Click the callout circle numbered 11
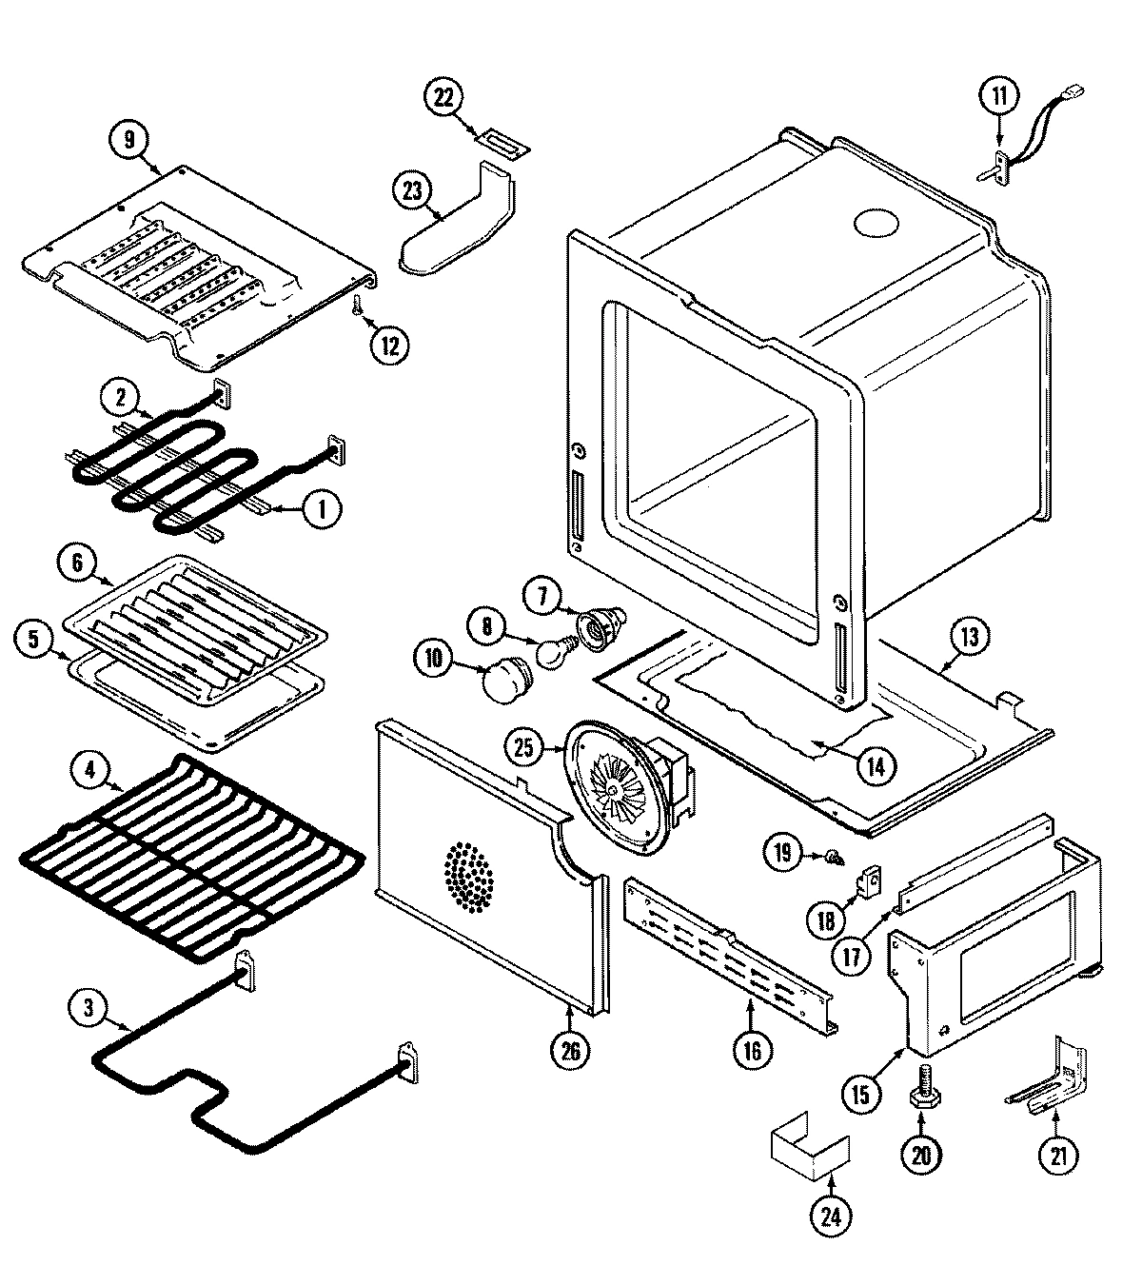tap(999, 95)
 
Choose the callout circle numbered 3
tap(88, 1009)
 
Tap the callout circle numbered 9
tap(128, 139)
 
